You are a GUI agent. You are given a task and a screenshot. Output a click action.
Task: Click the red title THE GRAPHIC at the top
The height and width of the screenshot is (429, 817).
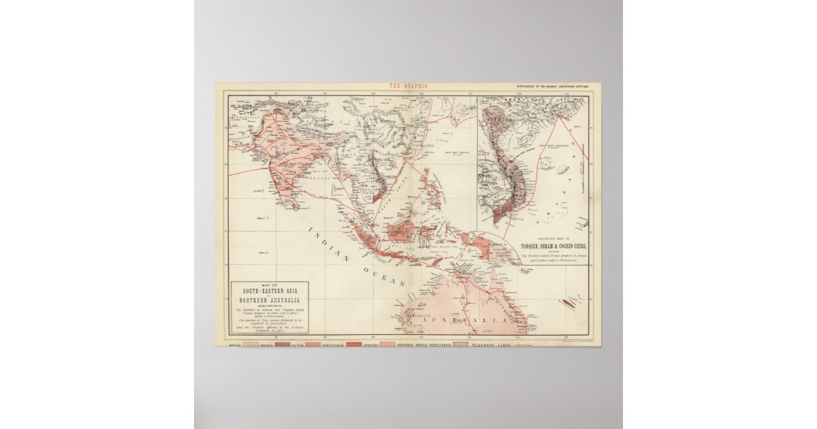407,86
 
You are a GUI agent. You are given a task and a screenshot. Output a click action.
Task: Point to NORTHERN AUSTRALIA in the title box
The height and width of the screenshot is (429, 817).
268,300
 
